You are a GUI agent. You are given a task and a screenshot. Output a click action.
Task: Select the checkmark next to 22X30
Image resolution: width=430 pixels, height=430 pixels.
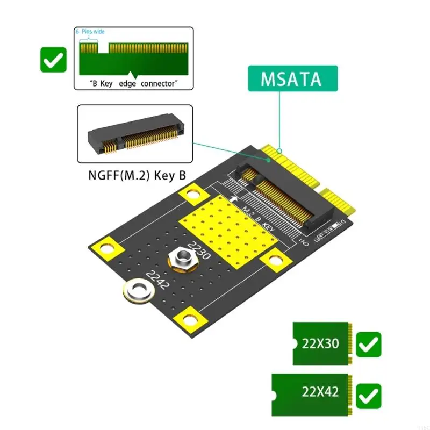pos(369,345)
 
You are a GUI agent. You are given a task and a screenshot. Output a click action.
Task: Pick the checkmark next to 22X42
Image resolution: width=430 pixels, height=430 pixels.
pos(369,396)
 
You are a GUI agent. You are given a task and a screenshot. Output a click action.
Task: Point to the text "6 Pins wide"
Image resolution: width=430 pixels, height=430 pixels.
pos(90,32)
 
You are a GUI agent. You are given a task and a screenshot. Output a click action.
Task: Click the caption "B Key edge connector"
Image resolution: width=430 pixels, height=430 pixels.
pos(133,83)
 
